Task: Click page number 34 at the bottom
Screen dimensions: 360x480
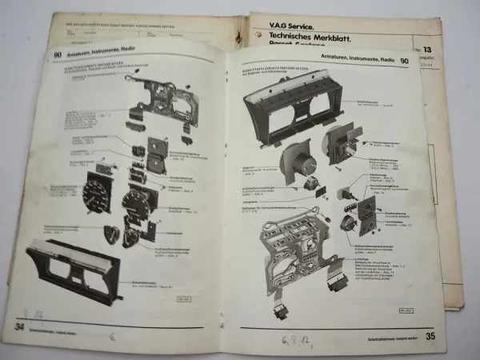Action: (x=18, y=326)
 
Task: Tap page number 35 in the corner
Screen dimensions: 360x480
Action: (x=430, y=335)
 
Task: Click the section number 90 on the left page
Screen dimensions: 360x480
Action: (x=58, y=55)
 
